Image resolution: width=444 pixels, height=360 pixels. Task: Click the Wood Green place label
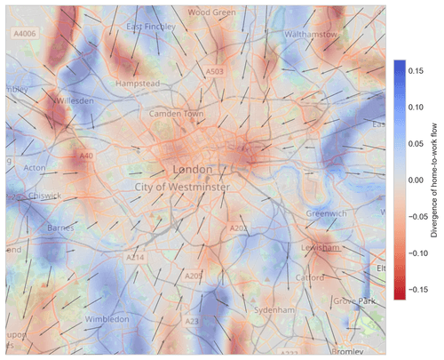[x=212, y=13]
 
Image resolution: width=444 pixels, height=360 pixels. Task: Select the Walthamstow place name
[x=309, y=34]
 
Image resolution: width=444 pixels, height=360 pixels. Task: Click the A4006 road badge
[x=25, y=33]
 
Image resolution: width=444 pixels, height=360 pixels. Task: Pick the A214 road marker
[x=135, y=258]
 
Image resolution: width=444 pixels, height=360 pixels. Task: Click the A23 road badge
[x=192, y=321]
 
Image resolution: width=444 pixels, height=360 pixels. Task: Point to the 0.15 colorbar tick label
[x=420, y=68]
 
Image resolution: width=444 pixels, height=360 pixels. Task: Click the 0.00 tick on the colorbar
[x=420, y=180]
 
